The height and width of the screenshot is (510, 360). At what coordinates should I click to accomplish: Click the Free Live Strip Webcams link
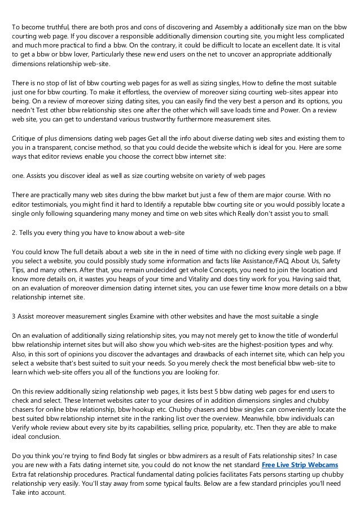[x=300, y=464]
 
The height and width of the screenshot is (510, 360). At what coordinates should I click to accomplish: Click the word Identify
[x=164, y=205]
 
